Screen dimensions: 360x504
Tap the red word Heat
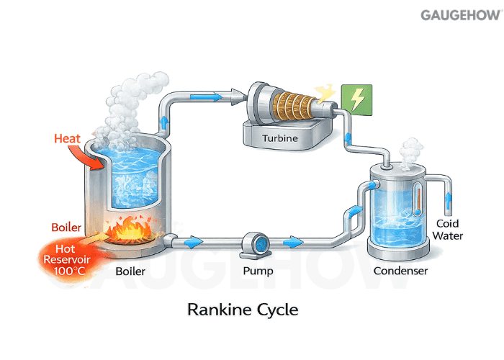coord(69,138)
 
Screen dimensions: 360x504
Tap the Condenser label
coord(401,271)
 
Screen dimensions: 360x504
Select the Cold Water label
coord(451,230)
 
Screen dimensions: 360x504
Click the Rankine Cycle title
coord(243,310)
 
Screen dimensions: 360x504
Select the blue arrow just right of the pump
coord(292,242)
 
